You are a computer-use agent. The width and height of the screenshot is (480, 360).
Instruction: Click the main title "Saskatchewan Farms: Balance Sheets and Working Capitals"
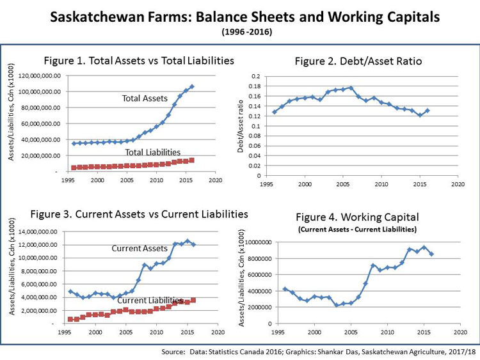(239, 17)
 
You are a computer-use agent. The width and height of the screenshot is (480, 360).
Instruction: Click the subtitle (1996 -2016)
(239, 31)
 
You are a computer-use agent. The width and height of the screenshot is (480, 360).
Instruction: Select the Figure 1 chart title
(138, 61)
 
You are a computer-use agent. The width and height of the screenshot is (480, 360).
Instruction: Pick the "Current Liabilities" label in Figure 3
(149, 300)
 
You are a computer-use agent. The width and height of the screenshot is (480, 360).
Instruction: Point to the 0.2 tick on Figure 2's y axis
(255, 77)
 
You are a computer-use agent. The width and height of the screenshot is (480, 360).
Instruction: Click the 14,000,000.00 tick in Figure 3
(38, 231)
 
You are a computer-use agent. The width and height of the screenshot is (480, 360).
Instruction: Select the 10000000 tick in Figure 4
(257, 242)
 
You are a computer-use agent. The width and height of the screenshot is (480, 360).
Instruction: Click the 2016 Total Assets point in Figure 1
(191, 86)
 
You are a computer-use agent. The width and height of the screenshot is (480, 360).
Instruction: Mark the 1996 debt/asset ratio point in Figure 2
(275, 112)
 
